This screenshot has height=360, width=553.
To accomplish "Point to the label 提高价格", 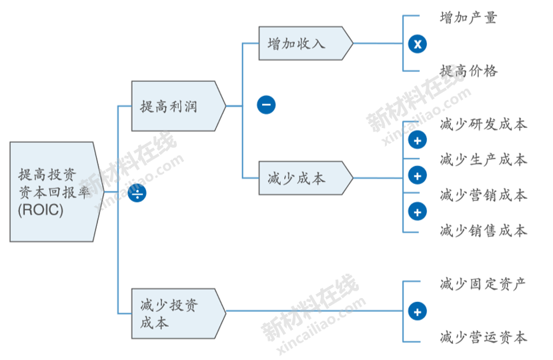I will (468, 71).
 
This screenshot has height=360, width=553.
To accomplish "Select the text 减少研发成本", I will (483, 124).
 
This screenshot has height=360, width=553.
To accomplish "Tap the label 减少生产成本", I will (483, 160).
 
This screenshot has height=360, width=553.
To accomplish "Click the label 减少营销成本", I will (483, 195).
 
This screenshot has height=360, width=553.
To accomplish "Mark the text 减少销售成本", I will (483, 231).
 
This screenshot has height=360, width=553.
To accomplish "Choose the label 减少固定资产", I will (483, 283).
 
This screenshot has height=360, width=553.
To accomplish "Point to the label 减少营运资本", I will (483, 337).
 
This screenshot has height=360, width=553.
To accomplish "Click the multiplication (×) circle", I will (417, 45).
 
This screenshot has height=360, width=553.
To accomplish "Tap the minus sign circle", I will (266, 105).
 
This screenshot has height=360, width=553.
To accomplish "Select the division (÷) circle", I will (137, 193).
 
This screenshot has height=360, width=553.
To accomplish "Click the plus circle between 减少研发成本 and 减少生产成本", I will (417, 141).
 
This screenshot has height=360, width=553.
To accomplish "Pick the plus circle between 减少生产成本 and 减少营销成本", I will (417, 176).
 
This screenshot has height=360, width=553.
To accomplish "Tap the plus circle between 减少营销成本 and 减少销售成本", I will (417, 212).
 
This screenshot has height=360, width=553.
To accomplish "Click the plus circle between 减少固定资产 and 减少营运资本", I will (417, 311).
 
